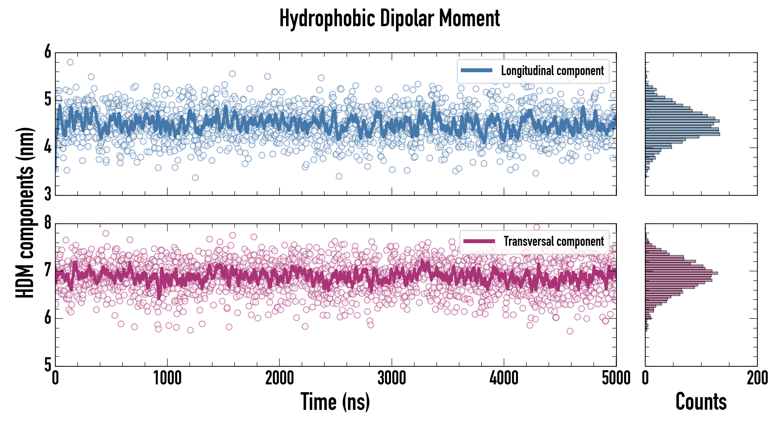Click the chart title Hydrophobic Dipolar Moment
(x=389, y=19)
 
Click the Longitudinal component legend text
(x=552, y=71)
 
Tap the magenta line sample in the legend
(x=479, y=241)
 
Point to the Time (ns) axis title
(x=335, y=401)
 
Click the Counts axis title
(x=701, y=401)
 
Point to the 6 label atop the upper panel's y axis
(x=48, y=52)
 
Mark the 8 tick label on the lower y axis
(x=48, y=223)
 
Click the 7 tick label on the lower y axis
(x=48, y=270)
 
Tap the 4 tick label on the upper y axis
(x=48, y=147)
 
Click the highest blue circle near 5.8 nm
(x=70, y=62)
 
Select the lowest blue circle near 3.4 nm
(x=195, y=178)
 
